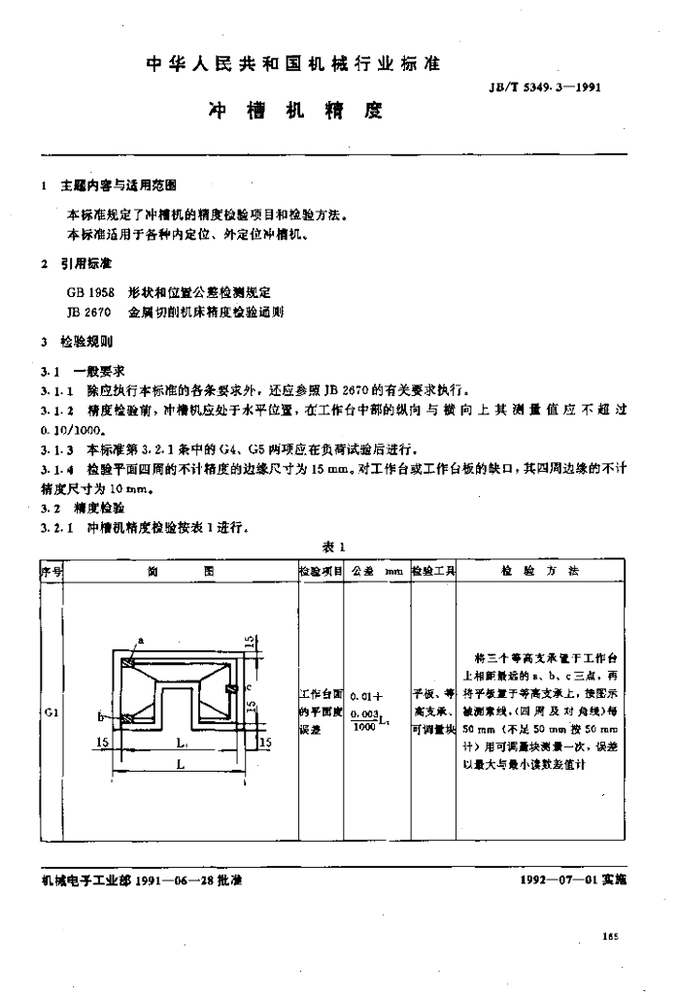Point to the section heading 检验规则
click(87, 343)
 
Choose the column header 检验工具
click(433, 572)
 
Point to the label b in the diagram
click(102, 716)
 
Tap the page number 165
click(609, 938)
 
